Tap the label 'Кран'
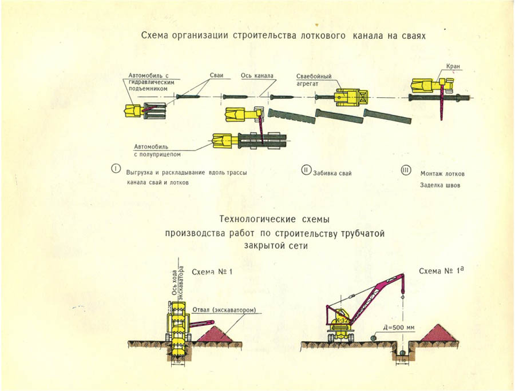[x=453, y=67]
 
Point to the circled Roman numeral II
[x=306, y=170]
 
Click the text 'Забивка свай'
[x=332, y=172]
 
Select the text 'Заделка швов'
[x=440, y=186]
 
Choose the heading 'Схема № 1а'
[x=440, y=271]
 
